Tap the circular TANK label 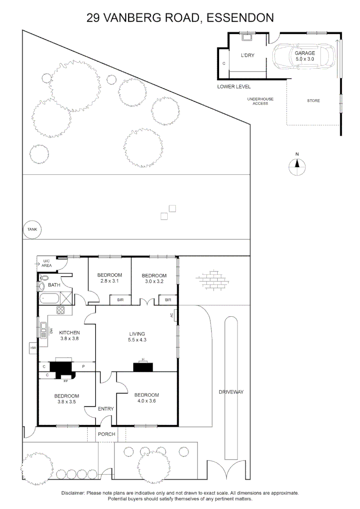coord(32,230)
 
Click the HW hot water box coord(33,348)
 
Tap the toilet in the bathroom coord(42,286)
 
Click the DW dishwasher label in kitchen coord(51,331)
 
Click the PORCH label coord(106,434)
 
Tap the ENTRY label coord(106,409)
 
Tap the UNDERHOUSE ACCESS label coord(260,101)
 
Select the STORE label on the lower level coord(313,101)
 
